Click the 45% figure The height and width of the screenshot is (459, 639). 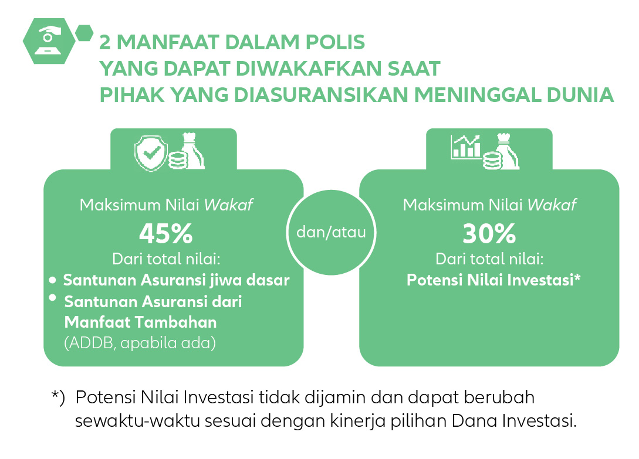[x=166, y=233]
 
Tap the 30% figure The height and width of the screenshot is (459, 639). [x=489, y=233]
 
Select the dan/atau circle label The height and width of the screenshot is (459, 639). [x=331, y=232]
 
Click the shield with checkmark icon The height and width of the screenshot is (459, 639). [x=151, y=153]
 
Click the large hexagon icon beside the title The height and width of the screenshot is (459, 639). [x=49, y=40]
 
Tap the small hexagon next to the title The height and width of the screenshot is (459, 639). [x=84, y=33]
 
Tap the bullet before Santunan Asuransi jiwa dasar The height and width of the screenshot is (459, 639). [x=52, y=280]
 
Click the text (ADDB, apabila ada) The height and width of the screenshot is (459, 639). [x=140, y=343]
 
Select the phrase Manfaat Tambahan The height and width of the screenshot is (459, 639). [x=141, y=322]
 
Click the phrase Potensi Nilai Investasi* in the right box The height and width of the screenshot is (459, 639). [x=493, y=280]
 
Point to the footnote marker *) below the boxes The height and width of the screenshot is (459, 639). [x=58, y=397]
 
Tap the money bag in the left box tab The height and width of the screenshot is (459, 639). [x=192, y=151]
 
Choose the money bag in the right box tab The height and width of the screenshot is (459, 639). [x=506, y=151]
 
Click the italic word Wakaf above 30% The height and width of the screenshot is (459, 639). [x=552, y=205]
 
